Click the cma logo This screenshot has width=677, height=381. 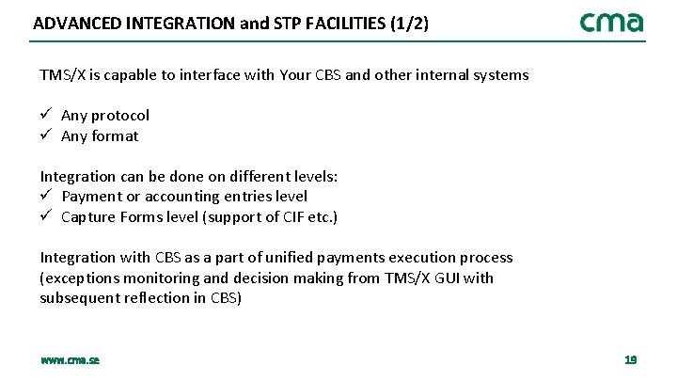pos(611,22)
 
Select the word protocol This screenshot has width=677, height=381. pos(119,116)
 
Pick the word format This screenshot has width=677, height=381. pos(115,136)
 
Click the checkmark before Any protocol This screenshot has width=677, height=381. pos(45,115)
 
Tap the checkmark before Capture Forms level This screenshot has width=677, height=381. pos(45,217)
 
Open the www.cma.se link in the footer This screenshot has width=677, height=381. pos(70,360)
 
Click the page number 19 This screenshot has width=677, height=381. pos(630,360)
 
